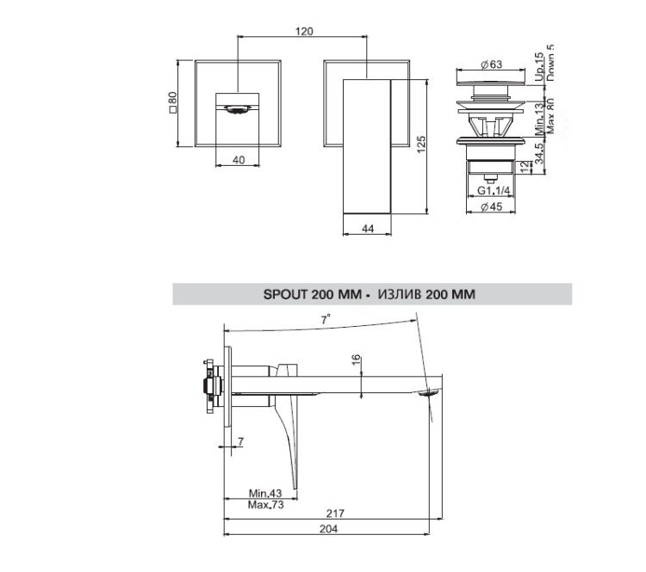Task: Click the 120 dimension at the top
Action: [x=304, y=31]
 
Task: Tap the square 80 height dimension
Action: [x=172, y=102]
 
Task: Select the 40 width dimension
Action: [x=239, y=160]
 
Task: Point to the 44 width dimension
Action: [x=367, y=229]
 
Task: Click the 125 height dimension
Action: [x=420, y=145]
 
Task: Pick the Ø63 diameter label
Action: [x=492, y=65]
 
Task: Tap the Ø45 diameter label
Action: [x=492, y=206]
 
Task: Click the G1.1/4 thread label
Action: [x=494, y=191]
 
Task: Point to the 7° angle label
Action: [x=326, y=319]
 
